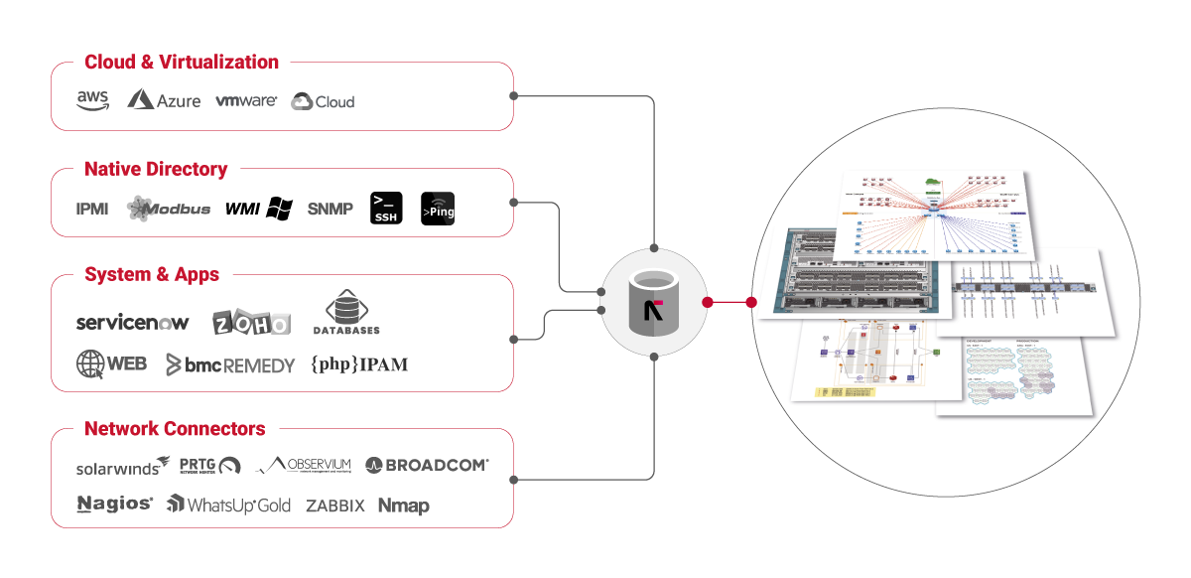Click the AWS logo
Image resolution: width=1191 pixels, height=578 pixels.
point(92,101)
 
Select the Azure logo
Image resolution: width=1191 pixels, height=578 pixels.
point(164,100)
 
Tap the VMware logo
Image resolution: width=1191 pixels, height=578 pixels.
point(245,101)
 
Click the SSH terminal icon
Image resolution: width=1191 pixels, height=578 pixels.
point(386,208)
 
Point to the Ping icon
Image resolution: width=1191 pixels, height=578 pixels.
point(439,209)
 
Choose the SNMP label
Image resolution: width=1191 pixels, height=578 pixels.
point(330,209)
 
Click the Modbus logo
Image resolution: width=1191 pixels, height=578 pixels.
point(168,209)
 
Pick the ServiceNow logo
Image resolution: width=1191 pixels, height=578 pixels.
point(132,323)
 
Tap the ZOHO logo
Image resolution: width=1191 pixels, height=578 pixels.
point(252,323)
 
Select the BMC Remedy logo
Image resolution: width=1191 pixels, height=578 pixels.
point(230,364)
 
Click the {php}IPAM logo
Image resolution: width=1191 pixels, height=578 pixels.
point(359,364)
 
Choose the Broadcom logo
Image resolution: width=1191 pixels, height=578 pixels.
point(427,465)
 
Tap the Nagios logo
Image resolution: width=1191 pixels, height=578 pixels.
point(114,505)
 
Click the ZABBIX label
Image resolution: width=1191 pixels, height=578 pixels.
point(334,506)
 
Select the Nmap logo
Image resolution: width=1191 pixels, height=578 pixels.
point(403,506)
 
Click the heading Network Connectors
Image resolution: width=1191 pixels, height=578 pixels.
point(175,429)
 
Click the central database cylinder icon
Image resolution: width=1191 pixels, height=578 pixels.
point(653,302)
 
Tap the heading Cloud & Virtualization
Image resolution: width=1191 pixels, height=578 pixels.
point(182,62)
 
